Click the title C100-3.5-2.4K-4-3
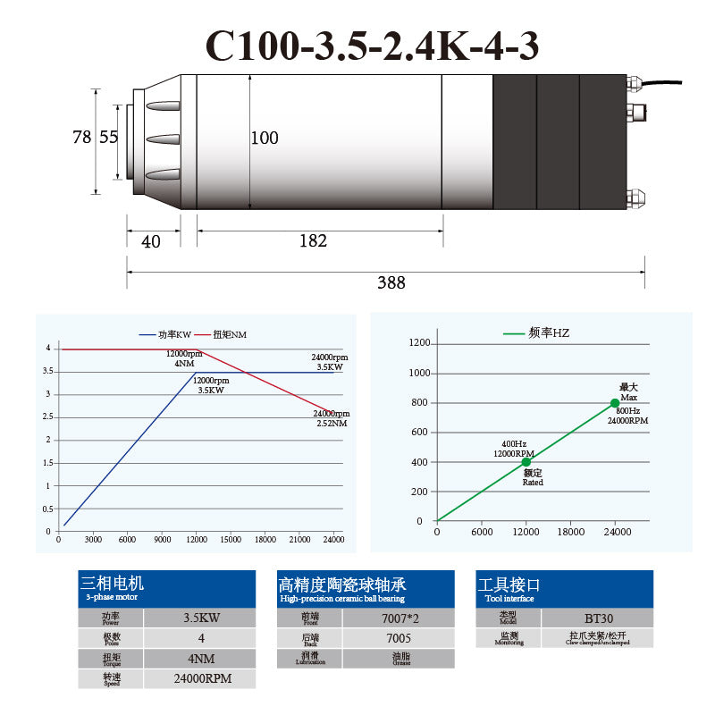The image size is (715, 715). click(372, 46)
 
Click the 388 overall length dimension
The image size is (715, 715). click(391, 282)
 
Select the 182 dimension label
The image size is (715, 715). click(313, 240)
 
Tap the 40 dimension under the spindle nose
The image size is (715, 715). click(151, 240)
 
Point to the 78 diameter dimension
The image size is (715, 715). click(81, 138)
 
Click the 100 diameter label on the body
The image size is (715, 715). click(264, 138)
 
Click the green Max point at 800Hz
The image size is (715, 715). click(614, 403)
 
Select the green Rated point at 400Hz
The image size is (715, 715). click(526, 462)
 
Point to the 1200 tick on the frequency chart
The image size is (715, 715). click(419, 343)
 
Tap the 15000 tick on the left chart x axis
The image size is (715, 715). click(231, 539)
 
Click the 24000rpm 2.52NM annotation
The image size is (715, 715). click(331, 418)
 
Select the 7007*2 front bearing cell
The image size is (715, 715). click(398, 618)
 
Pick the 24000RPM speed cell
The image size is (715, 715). click(201, 678)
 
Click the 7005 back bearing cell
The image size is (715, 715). click(398, 638)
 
